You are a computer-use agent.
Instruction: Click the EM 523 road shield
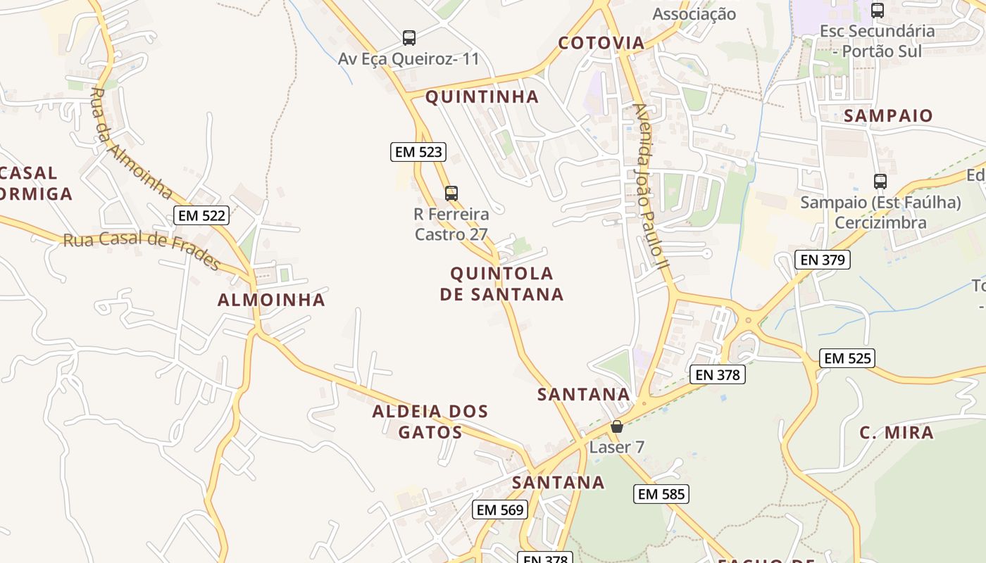coord(418,151)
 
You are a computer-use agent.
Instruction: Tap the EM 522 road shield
coord(201,215)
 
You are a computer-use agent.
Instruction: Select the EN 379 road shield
coord(823,260)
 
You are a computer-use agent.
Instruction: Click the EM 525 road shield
coord(848,358)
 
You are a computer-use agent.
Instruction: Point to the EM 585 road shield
coord(661,494)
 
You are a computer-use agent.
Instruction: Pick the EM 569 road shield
coord(500,510)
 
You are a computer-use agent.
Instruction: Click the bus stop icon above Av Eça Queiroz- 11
coord(409,38)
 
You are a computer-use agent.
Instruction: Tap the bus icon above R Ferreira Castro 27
coord(451,193)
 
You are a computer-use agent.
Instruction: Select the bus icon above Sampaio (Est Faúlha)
coord(880,182)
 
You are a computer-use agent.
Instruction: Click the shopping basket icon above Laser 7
coord(617,426)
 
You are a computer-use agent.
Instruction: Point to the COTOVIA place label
coord(601,43)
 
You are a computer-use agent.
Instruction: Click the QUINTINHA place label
coord(482,97)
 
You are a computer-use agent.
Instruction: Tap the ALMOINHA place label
coord(271,300)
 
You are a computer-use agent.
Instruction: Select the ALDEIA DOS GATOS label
coord(430,422)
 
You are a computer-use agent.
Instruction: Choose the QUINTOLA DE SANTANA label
coord(501,284)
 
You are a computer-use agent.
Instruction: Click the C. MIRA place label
coord(897,432)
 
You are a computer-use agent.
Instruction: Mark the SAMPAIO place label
coord(888,115)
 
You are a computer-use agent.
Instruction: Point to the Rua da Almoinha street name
coord(132,144)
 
